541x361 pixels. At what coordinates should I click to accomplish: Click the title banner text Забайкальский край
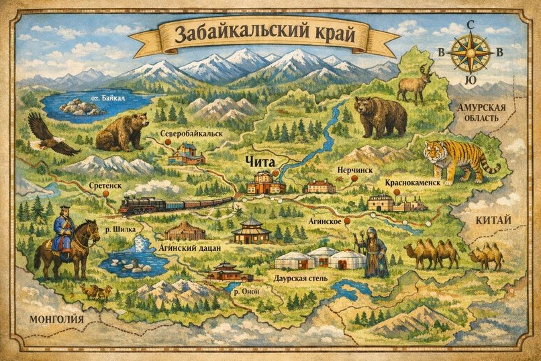pos(263,33)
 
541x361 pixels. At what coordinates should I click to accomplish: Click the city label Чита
pos(259,161)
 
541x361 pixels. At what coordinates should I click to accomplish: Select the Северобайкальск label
pos(191,134)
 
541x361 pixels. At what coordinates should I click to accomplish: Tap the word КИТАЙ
pos(495,220)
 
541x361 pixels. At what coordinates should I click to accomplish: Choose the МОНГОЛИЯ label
pos(56,319)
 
